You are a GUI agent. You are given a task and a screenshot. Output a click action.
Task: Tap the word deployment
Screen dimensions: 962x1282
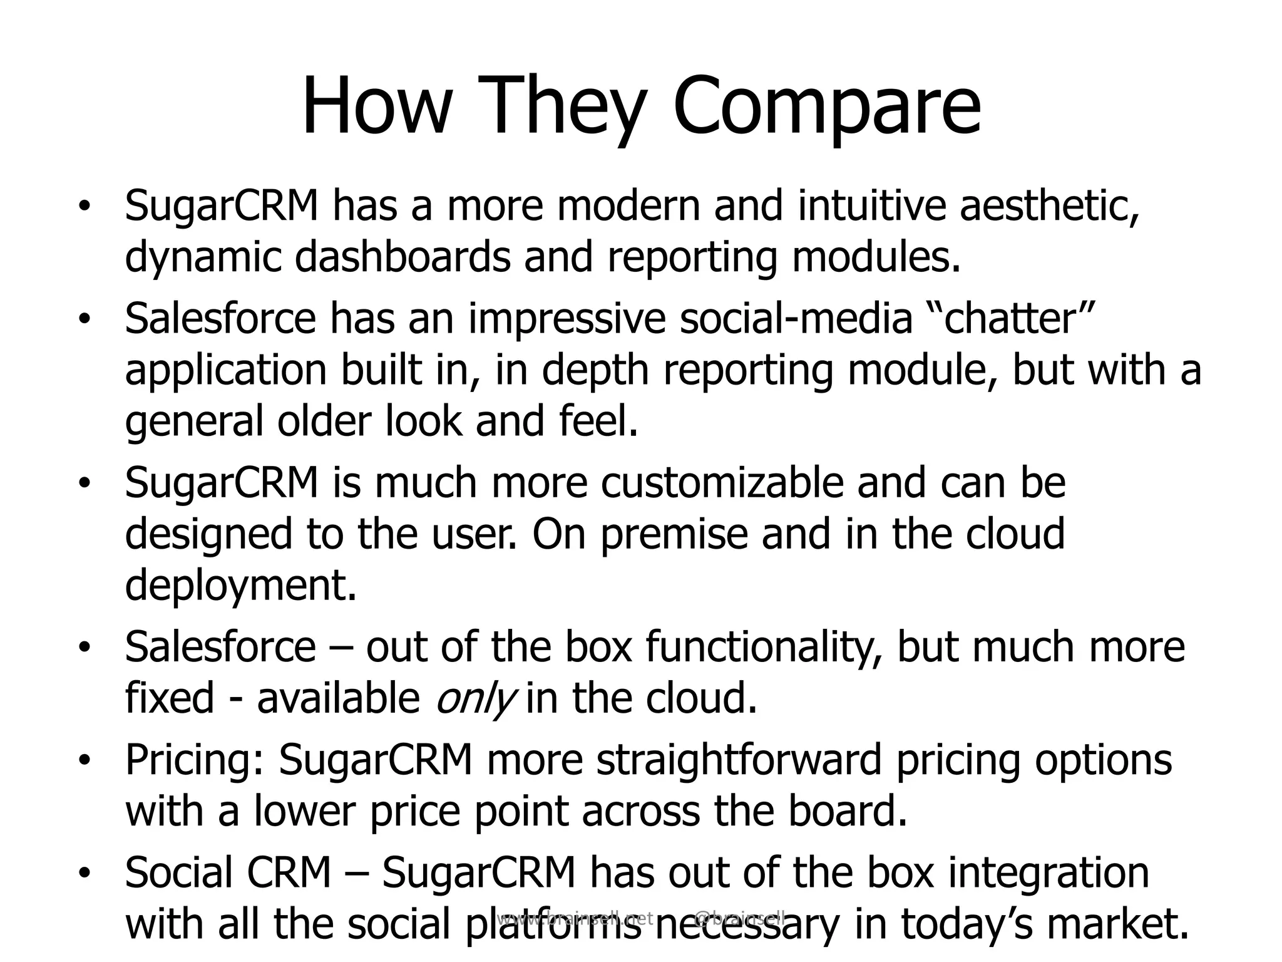click(241, 585)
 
